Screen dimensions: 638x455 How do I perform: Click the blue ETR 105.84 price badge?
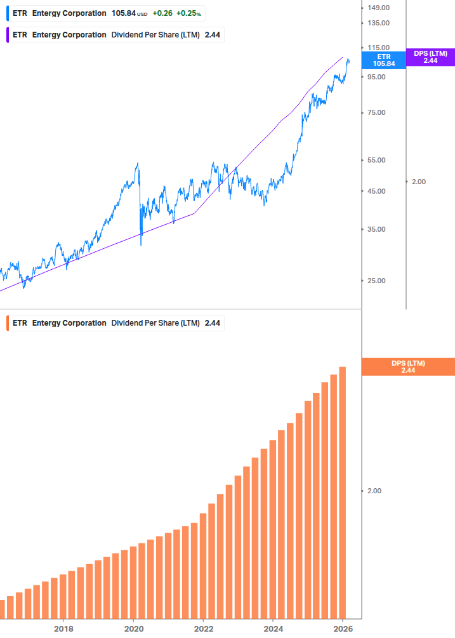coord(383,60)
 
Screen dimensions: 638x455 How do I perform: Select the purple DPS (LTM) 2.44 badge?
coord(430,57)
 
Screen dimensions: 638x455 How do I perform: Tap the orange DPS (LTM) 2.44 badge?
coord(407,366)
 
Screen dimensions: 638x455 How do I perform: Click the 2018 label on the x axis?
coord(63,628)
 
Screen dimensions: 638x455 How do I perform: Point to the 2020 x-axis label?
coord(133,628)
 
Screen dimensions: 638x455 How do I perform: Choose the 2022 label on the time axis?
coord(204,628)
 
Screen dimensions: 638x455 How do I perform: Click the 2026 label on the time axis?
coord(343,628)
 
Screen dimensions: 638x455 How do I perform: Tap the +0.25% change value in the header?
coord(189,13)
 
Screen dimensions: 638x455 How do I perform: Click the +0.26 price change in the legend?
coord(161,13)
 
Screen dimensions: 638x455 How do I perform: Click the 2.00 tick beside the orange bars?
coord(375,491)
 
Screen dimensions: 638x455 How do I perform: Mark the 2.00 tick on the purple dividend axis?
coord(419,182)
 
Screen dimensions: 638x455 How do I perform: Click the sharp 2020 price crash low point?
coord(141,244)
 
